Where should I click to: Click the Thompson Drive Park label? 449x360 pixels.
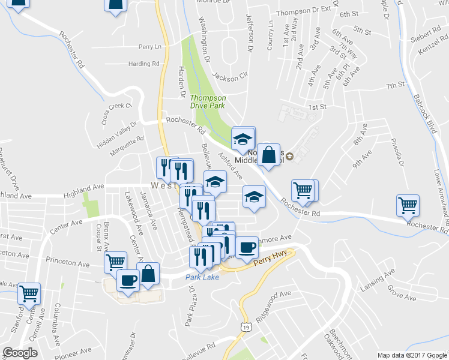(208, 101)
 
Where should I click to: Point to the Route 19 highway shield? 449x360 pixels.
(246, 327)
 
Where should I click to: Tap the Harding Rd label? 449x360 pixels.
(144, 64)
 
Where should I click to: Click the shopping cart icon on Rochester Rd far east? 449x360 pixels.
(408, 206)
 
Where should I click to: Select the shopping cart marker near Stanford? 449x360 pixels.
(29, 293)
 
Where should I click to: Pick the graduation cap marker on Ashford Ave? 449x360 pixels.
(254, 196)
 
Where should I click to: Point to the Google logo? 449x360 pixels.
(20, 353)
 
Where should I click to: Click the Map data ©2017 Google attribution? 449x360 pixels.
(412, 355)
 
